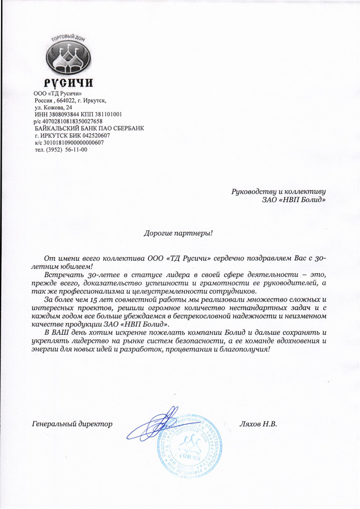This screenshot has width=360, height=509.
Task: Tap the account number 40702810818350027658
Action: (72, 121)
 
